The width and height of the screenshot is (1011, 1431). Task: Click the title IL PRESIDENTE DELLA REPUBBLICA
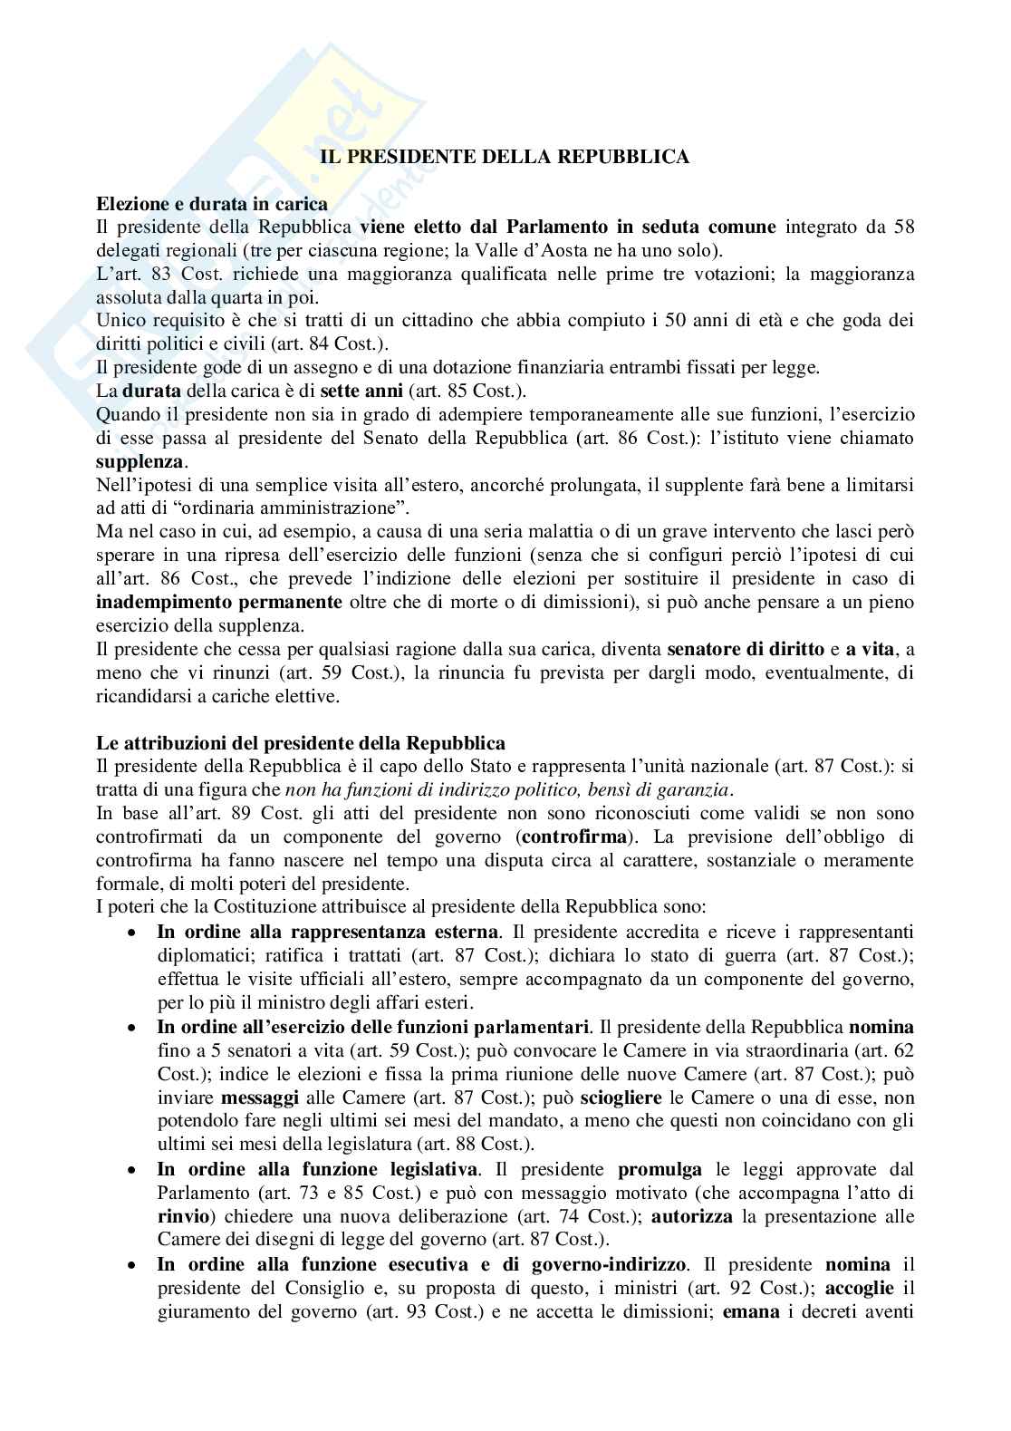pyautogui.click(x=505, y=158)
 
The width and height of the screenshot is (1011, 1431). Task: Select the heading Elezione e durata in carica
pyautogui.click(x=212, y=205)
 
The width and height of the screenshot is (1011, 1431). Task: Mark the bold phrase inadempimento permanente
pyautogui.click(x=219, y=602)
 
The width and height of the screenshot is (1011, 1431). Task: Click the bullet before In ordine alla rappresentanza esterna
pyautogui.click(x=133, y=932)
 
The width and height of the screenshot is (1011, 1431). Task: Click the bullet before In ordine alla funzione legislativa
pyautogui.click(x=133, y=1169)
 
